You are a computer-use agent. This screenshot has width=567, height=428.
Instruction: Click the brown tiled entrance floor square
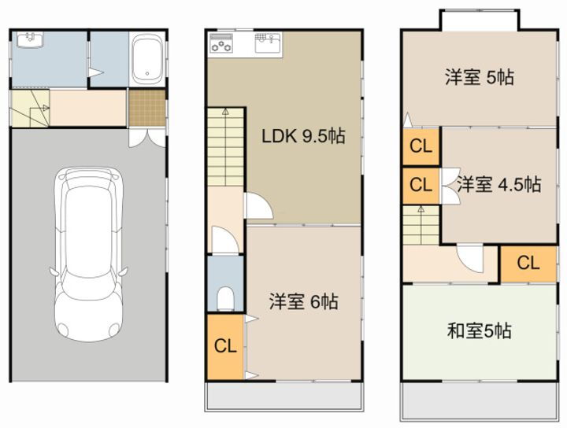click(147, 109)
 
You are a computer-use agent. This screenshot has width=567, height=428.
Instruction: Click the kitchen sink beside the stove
click(266, 41)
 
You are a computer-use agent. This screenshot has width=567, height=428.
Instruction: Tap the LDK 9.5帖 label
click(303, 137)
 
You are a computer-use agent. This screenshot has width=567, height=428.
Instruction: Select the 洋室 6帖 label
click(303, 301)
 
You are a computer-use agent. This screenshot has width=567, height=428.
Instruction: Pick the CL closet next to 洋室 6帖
click(226, 346)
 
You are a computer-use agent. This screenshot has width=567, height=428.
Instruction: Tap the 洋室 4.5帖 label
click(498, 185)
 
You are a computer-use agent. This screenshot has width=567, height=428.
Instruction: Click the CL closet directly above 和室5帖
click(528, 263)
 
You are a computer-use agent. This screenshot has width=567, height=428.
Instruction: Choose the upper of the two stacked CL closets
click(421, 146)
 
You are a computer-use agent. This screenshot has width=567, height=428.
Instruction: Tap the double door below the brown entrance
click(146, 136)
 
